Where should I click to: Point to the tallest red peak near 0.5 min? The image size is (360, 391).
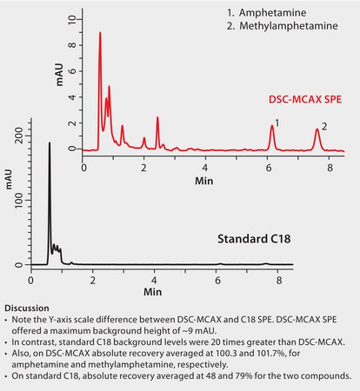(x=100, y=35)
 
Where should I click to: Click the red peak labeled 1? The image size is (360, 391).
(x=272, y=127)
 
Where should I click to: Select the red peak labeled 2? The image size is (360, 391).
(x=317, y=130)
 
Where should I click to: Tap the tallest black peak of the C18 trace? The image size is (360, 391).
(x=49, y=144)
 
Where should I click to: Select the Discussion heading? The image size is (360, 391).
(x=27, y=308)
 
